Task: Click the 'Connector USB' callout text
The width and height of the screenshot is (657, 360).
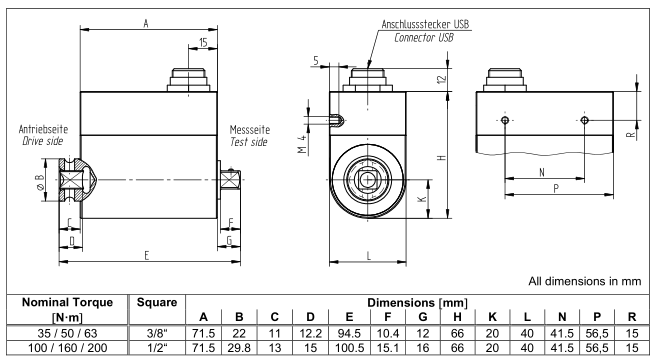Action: pyautogui.click(x=424, y=38)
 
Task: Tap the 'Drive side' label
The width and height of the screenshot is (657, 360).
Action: pyautogui.click(x=42, y=141)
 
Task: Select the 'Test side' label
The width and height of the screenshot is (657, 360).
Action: pyautogui.click(x=248, y=142)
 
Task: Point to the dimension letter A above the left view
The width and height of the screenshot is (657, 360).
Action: pyautogui.click(x=146, y=23)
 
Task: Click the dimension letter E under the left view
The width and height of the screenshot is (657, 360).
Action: pyautogui.click(x=147, y=255)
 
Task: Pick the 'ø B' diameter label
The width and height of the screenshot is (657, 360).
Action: pyautogui.click(x=40, y=182)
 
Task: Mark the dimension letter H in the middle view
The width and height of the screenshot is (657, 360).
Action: pyautogui.click(x=441, y=158)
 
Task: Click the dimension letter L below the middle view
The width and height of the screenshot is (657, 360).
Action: pyautogui.click(x=369, y=256)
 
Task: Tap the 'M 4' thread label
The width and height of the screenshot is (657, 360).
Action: pyautogui.click(x=303, y=144)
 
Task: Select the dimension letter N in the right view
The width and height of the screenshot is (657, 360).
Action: pyautogui.click(x=542, y=172)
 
